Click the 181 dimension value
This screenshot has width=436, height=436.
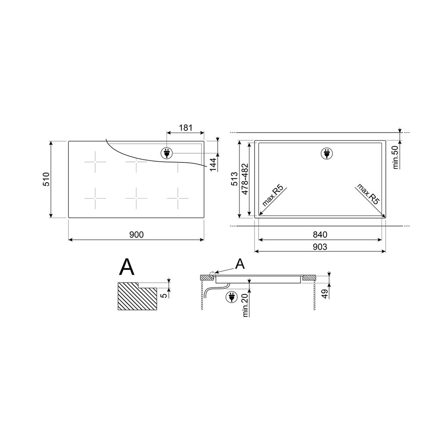pyautogui.click(x=185, y=128)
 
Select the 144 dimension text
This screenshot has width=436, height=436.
pyautogui.click(x=213, y=164)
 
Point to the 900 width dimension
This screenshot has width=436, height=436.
pyautogui.click(x=136, y=235)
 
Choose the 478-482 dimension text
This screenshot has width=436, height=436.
pyautogui.click(x=245, y=179)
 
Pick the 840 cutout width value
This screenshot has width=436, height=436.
pyautogui.click(x=320, y=235)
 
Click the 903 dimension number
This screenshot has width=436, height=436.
pyautogui.click(x=320, y=246)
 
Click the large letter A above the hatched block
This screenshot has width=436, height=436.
pyautogui.click(x=127, y=267)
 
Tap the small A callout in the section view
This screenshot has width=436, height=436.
pyautogui.click(x=240, y=263)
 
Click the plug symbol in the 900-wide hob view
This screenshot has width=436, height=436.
pyautogui.click(x=166, y=153)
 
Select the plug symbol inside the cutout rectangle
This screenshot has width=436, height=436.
pyautogui.click(x=326, y=153)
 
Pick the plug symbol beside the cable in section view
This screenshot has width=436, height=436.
pyautogui.click(x=231, y=297)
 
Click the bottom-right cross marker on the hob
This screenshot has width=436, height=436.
pyautogui.click(x=178, y=198)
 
